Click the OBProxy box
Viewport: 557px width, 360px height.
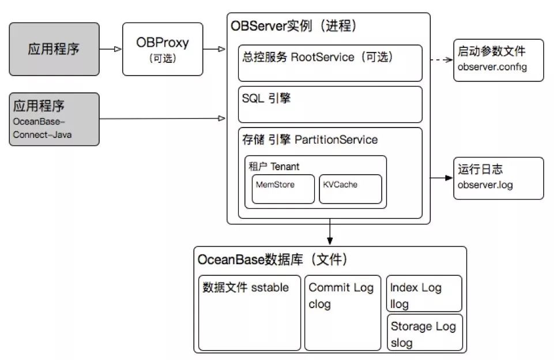pyautogui.click(x=163, y=49)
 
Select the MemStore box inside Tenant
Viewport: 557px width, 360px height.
pyautogui.click(x=284, y=189)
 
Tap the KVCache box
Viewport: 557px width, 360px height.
pyautogui.click(x=351, y=189)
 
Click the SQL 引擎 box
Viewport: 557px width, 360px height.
pyautogui.click(x=331, y=104)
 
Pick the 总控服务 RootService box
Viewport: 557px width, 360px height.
pyautogui.click(x=331, y=63)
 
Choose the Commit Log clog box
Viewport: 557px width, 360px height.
pyautogui.click(x=343, y=313)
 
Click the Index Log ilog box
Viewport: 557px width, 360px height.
pyautogui.click(x=424, y=294)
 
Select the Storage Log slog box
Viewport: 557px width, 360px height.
pyautogui.click(x=424, y=333)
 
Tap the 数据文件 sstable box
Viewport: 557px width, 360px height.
pyautogui.click(x=249, y=313)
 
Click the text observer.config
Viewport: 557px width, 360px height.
pyautogui.click(x=492, y=67)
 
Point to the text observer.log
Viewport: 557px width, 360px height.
pyautogui.click(x=485, y=185)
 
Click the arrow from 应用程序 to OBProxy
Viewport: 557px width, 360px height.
pyautogui.click(x=111, y=49)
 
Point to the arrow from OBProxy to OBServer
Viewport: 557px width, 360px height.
pyautogui.click(x=214, y=49)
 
